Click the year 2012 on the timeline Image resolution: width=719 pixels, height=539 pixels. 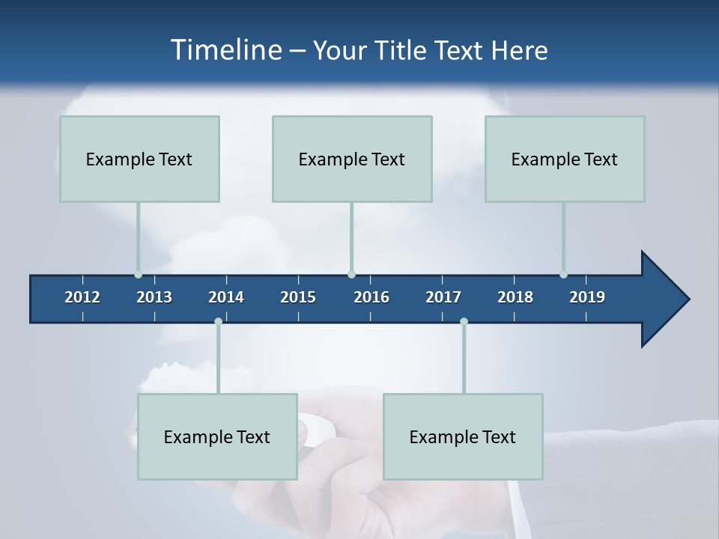coord(82,297)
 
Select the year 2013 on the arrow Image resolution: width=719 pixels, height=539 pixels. coord(154,297)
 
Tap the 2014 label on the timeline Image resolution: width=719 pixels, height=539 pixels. coord(226,297)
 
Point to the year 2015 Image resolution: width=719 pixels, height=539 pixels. coord(298,297)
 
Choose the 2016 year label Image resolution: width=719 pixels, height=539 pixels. coord(371,297)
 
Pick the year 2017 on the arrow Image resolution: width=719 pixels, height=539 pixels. coord(443,297)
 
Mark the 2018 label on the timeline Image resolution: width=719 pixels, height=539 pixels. coord(515,297)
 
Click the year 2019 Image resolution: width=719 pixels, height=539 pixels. coord(587,297)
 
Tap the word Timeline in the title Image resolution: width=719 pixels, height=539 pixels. coord(225,50)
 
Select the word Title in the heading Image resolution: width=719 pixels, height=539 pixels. coord(406,50)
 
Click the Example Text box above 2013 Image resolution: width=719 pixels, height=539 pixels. coord(139,159)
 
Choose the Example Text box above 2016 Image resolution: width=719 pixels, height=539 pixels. coord(352,159)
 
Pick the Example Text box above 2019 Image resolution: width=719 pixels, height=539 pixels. coord(565,159)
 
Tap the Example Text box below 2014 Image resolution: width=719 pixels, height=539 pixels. coord(217,436)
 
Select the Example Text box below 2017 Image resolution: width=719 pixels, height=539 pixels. coord(463,436)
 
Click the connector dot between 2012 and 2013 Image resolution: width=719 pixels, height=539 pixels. coord(138,275)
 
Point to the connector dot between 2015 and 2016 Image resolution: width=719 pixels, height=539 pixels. coord(351,275)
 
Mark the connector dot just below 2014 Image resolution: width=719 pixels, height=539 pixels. coord(218,322)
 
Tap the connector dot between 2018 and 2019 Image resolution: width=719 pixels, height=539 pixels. coord(563,275)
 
